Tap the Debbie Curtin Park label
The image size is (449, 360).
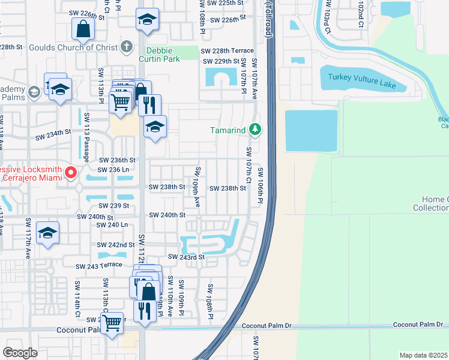[160, 53]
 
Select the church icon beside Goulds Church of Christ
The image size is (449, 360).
[126, 46]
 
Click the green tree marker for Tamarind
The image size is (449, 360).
[255, 130]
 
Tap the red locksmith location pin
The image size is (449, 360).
[70, 173]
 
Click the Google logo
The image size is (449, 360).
[20, 352]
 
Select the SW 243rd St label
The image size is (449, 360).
[186, 257]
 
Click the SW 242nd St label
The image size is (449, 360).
[116, 245]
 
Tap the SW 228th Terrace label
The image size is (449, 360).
[227, 50]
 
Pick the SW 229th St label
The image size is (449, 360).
[221, 61]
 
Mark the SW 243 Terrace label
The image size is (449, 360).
[99, 265]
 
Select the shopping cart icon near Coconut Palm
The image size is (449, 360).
[112, 323]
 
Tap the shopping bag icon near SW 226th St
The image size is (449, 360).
[83, 28]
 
